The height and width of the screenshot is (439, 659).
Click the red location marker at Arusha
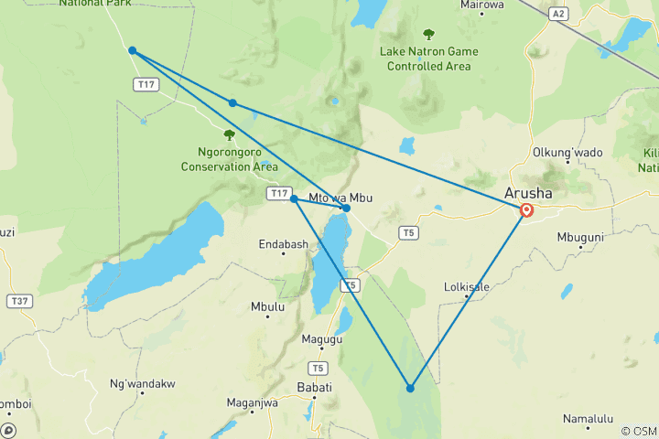527,211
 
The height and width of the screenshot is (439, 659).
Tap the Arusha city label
528,193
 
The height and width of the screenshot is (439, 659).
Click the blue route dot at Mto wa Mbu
346,209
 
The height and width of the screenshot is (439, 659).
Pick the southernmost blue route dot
410,389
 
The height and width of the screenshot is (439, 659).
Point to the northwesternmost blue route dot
133,50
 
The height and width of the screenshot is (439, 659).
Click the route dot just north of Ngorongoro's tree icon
232,103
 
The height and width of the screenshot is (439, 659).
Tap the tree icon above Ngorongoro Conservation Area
229,135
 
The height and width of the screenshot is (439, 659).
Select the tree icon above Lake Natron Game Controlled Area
428,35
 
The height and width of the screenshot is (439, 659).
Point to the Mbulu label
267,307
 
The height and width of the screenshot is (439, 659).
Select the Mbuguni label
580,237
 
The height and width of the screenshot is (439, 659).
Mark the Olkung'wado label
567,153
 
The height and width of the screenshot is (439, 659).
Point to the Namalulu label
589,419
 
